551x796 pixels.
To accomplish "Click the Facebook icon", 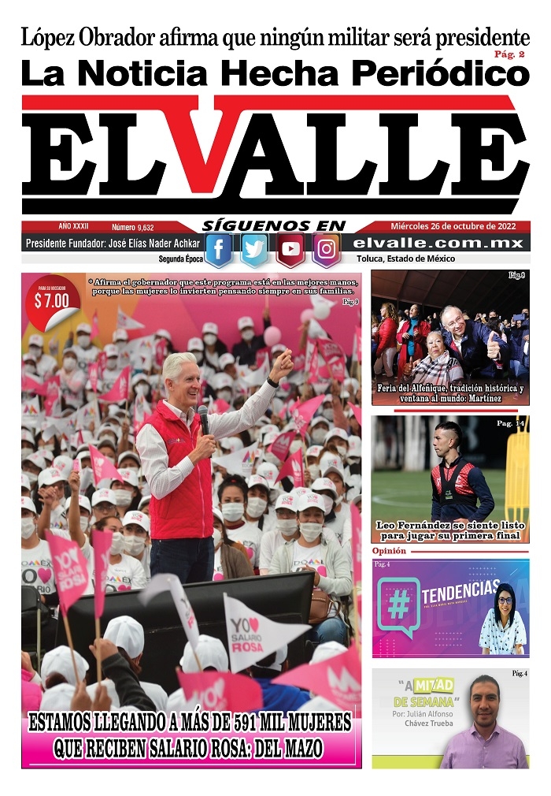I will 219,251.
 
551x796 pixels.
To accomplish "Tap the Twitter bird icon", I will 254,251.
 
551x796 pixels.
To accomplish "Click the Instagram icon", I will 326,251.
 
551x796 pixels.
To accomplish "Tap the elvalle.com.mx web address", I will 438,244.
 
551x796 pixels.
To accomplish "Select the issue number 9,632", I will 133,226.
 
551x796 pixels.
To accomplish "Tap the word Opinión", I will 389,551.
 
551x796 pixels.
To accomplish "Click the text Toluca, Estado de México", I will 405,259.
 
